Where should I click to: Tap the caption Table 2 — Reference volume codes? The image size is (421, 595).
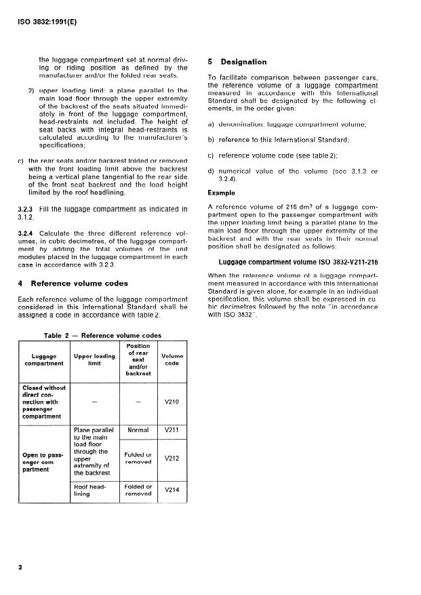[x=102, y=335]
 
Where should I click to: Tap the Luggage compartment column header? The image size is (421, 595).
[x=43, y=359]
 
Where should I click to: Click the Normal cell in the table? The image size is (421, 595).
[x=138, y=430]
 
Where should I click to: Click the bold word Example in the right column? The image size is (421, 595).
[x=221, y=193]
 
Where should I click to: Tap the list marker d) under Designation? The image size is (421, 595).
[x=212, y=172]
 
